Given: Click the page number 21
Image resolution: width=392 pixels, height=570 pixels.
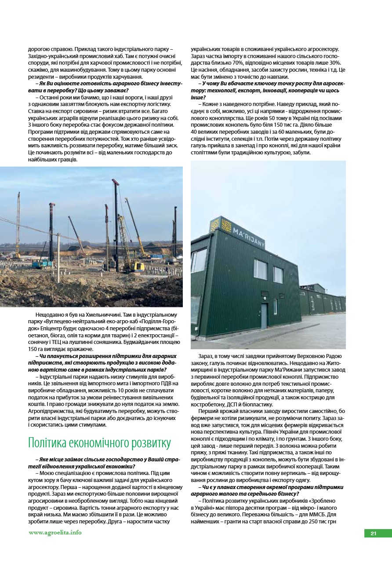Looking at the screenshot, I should [x=374, y=533].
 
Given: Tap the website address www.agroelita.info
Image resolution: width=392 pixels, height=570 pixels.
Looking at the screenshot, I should [x=55, y=533].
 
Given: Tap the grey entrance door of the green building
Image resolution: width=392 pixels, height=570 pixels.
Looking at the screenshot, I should [x=264, y=315].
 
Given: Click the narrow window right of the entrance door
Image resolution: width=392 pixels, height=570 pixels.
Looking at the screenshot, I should [x=275, y=306].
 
